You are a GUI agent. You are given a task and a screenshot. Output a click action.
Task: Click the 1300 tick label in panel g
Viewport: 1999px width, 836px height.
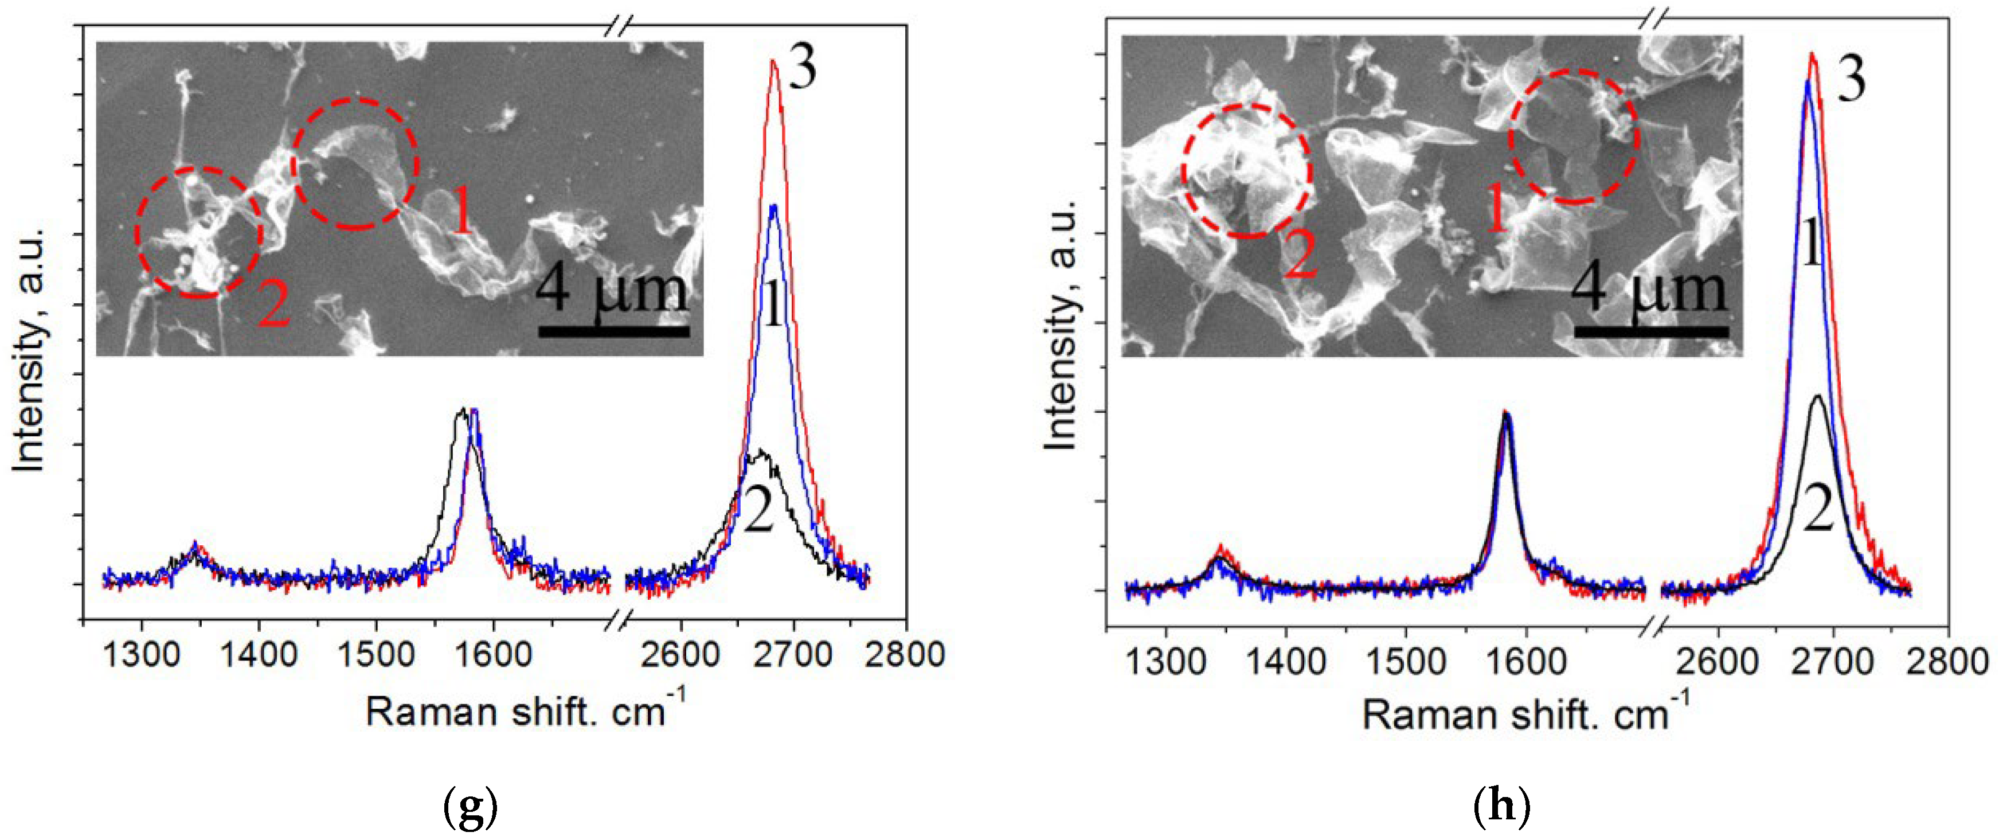tap(140, 654)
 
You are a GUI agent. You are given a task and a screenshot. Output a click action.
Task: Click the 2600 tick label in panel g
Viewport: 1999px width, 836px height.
tap(680, 654)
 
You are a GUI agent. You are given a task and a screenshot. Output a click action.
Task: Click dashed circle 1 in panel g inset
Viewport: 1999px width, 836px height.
tap(355, 163)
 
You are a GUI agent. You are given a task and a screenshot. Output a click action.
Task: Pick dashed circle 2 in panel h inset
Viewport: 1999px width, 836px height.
tap(1247, 171)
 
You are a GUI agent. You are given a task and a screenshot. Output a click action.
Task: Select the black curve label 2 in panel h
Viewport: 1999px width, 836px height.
tap(1818, 509)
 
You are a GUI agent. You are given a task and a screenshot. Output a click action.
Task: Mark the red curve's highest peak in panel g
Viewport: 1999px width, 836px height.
tap(773, 61)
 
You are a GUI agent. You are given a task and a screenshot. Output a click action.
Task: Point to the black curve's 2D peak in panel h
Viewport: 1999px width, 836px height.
tap(1817, 397)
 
